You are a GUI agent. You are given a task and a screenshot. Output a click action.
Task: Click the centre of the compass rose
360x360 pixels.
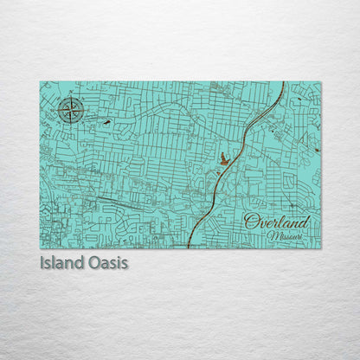pos(71,110)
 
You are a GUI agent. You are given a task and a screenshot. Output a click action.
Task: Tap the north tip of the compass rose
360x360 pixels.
pos(71,97)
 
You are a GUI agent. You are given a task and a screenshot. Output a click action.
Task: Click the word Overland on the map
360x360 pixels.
pos(276,222)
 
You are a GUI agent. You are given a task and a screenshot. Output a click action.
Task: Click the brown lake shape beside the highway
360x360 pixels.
pos(225,158)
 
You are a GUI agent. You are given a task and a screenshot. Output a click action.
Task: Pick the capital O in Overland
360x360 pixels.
pos(252,222)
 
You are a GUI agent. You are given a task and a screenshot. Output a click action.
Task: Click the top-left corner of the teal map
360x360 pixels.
pos(40,82)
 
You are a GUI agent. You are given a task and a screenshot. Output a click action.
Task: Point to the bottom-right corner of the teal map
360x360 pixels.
pos(321,248)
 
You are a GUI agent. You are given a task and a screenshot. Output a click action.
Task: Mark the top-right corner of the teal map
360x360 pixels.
pos(321,82)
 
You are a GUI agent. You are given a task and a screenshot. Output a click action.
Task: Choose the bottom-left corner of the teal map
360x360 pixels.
pos(40,248)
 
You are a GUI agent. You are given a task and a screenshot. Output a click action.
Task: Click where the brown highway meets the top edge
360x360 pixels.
pos(285,83)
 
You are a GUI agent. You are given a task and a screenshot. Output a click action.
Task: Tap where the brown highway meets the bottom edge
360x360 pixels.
pos(189,247)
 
